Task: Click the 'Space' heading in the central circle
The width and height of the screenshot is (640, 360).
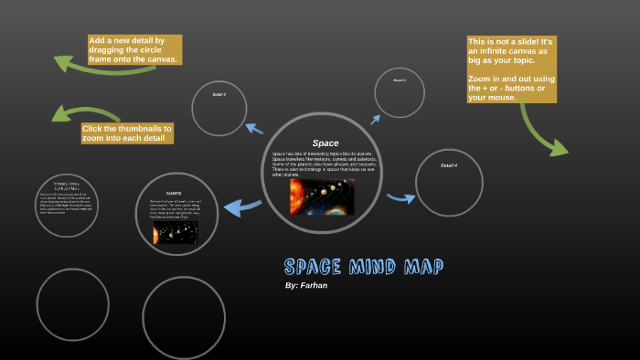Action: point(325,143)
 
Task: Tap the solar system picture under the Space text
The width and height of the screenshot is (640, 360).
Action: point(322,196)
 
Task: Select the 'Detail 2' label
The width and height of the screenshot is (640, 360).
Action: point(219,94)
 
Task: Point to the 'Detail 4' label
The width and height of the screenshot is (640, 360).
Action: point(448,165)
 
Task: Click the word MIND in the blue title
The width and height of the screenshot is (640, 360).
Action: point(372,267)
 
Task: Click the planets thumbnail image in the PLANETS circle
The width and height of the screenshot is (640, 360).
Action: point(175,232)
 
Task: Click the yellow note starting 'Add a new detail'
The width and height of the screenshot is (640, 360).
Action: point(134,49)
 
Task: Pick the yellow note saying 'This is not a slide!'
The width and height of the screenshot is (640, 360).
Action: point(511,69)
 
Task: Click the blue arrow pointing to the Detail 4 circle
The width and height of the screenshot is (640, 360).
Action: point(400,196)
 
